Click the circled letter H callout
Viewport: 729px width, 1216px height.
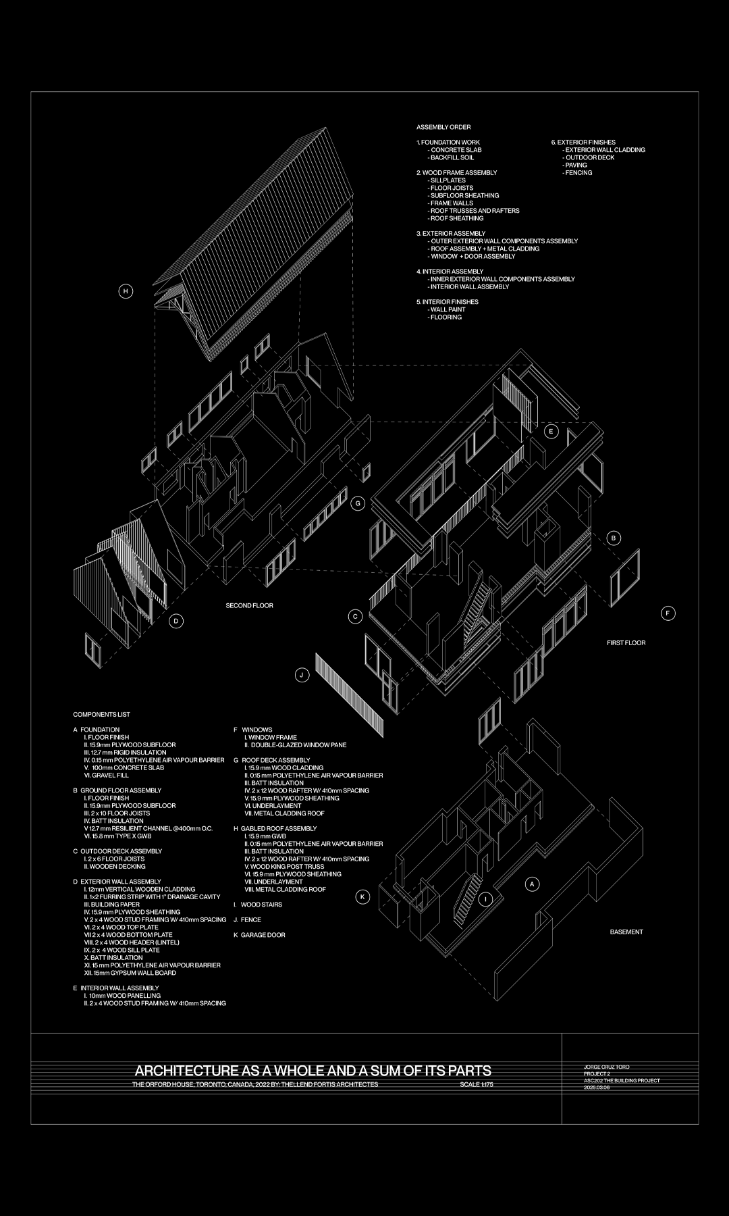pyautogui.click(x=125, y=292)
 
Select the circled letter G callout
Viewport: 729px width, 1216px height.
pyautogui.click(x=358, y=503)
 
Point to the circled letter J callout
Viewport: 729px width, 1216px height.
pyautogui.click(x=302, y=675)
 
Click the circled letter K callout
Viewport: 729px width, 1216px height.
pyautogui.click(x=363, y=897)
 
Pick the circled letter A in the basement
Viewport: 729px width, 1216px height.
pyautogui.click(x=532, y=884)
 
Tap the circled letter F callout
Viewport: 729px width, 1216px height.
pyautogui.click(x=668, y=613)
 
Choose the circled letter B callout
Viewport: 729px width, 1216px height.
pyautogui.click(x=614, y=538)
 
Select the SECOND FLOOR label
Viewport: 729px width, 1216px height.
pyautogui.click(x=249, y=606)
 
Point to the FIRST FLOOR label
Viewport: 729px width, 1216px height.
pyautogui.click(x=626, y=643)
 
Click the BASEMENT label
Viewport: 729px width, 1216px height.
pyautogui.click(x=626, y=932)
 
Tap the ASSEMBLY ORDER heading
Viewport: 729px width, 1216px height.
pyautogui.click(x=443, y=128)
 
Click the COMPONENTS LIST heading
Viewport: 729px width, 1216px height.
pyautogui.click(x=101, y=715)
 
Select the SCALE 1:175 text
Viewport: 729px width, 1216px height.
pyautogui.click(x=477, y=1085)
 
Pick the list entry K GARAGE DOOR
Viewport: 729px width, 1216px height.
pyautogui.click(x=260, y=936)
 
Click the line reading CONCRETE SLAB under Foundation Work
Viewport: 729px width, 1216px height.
pyautogui.click(x=455, y=150)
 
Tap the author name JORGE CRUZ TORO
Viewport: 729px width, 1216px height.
pyautogui.click(x=606, y=1067)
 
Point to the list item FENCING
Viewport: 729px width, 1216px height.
pyautogui.click(x=578, y=173)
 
